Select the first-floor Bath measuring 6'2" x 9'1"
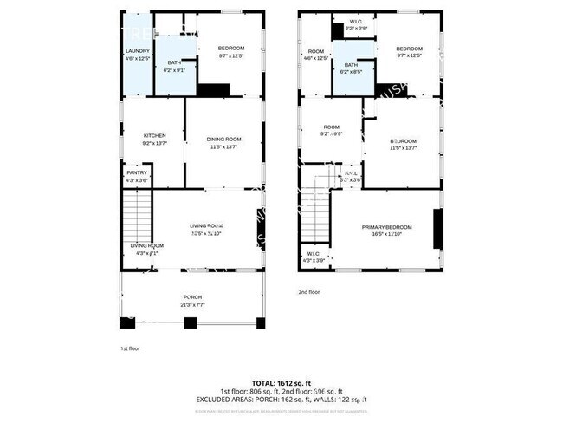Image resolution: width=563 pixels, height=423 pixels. pyautogui.click(x=174, y=66)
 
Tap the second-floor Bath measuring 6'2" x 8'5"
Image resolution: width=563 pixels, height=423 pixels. pyautogui.click(x=350, y=68)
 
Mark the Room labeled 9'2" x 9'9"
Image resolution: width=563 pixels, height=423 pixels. pyautogui.click(x=330, y=130)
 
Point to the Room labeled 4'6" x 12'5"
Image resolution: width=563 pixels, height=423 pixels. pyautogui.click(x=317, y=54)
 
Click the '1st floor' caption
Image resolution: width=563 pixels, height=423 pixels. pyautogui.click(x=130, y=348)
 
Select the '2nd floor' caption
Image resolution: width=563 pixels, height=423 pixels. pyautogui.click(x=309, y=292)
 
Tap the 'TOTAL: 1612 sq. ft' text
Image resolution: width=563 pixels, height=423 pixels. pyautogui.click(x=281, y=382)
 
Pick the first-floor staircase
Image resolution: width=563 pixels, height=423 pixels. pyautogui.click(x=137, y=217)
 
